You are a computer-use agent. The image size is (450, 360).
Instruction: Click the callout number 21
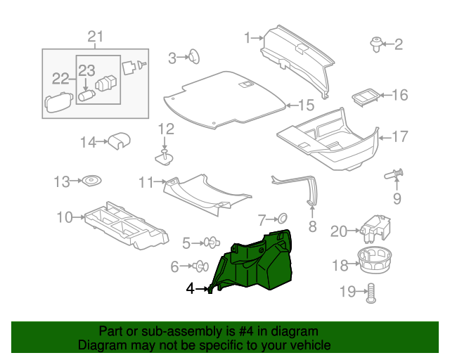[x=95, y=37]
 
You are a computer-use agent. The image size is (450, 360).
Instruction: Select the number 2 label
[x=399, y=45]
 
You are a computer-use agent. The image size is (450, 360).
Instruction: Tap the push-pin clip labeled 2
[x=375, y=44]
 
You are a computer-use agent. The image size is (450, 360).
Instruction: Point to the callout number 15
[x=305, y=105]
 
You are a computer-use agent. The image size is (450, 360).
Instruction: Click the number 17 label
[x=399, y=136]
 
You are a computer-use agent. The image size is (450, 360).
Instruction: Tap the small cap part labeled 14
[x=118, y=141]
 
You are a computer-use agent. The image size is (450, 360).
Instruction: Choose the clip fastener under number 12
[x=165, y=157]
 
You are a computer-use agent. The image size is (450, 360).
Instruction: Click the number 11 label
[x=146, y=183]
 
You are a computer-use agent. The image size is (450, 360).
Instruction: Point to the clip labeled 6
[x=200, y=266]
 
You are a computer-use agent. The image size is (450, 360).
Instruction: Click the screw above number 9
[x=395, y=173]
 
